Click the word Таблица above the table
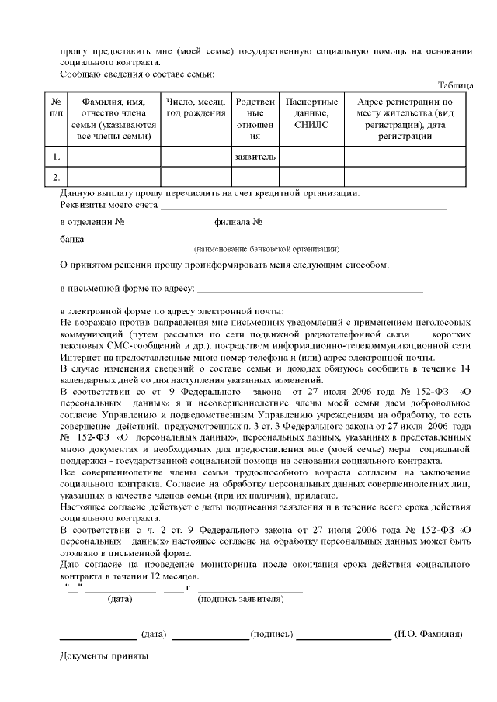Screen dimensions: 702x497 pyautogui.click(x=455, y=85)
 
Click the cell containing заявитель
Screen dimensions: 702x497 pyautogui.click(x=255, y=157)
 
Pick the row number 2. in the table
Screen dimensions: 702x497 pyautogui.click(x=55, y=178)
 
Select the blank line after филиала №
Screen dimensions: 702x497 pyautogui.click(x=357, y=224)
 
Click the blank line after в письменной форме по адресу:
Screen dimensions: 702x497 pyautogui.click(x=310, y=291)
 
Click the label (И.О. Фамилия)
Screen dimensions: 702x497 pyautogui.click(x=429, y=634)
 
